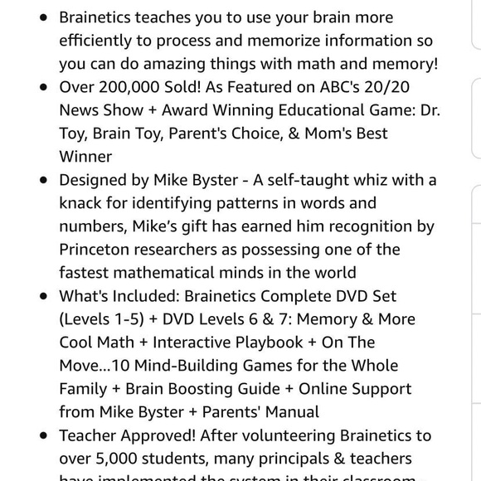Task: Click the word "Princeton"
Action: (98, 250)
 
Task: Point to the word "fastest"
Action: (87, 273)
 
